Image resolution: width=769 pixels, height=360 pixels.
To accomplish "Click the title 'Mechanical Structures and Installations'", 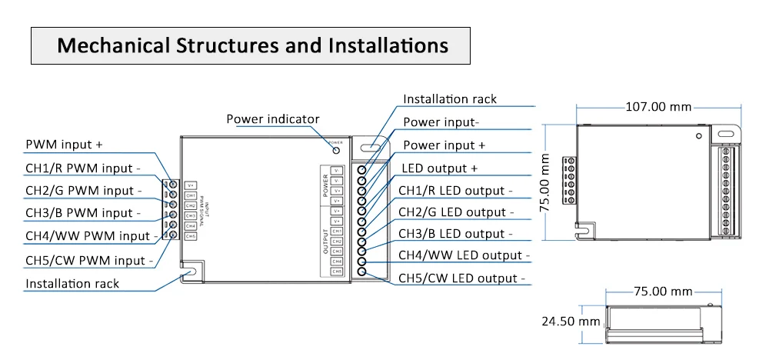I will [253, 45].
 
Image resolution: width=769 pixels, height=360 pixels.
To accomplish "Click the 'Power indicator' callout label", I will [272, 119].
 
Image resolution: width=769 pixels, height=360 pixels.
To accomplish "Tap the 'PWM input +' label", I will [64, 145].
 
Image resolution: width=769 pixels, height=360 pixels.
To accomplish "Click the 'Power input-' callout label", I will [441, 122].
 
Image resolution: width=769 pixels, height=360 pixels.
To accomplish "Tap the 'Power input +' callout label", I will [444, 145].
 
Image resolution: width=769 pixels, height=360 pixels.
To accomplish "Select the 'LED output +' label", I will [440, 168].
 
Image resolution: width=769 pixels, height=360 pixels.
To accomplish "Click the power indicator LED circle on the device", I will [336, 150].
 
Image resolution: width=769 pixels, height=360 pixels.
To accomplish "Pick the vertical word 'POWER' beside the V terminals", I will [325, 185].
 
